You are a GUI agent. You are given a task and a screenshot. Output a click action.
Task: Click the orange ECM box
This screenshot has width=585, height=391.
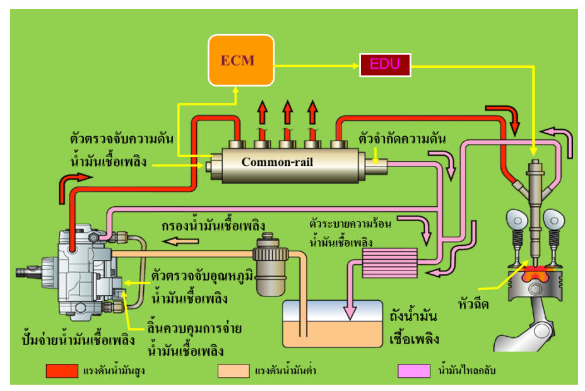242,60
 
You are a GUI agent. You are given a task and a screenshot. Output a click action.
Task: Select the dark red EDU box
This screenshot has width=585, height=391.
385,64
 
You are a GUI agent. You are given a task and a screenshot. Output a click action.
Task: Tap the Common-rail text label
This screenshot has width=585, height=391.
277,161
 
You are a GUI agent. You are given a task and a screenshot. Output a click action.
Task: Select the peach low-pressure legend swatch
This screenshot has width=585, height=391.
233,371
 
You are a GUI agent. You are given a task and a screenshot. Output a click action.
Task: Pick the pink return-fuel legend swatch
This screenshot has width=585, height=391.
414,371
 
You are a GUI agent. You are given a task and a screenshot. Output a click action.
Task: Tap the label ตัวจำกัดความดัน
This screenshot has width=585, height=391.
401,137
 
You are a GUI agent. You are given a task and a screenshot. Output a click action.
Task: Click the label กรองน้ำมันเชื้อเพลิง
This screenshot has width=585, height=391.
213,226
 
